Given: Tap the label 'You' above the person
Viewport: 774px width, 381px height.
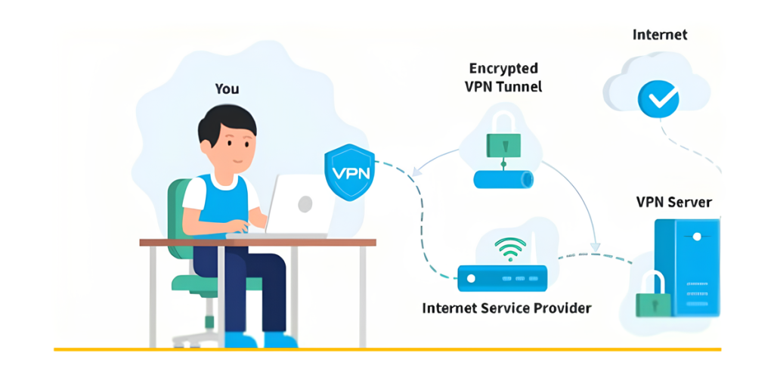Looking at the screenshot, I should coord(227,89).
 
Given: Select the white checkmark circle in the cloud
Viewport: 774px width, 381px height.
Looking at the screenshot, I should coord(658,98).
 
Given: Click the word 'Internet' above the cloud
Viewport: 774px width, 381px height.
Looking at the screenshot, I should coord(659,35).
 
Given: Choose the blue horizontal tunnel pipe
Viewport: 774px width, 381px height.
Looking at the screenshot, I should coord(503,179).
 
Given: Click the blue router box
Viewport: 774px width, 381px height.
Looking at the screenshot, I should coord(502,277).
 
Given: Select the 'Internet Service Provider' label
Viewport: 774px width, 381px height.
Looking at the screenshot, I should coord(506,308).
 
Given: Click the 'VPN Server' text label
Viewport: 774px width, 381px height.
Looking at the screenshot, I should coord(673,203).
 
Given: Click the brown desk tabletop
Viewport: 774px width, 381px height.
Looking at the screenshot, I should coord(257,242).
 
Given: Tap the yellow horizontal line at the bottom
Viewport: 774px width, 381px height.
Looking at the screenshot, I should coord(387,349).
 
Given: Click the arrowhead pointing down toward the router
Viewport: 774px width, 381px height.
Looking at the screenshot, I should coord(595,246).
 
